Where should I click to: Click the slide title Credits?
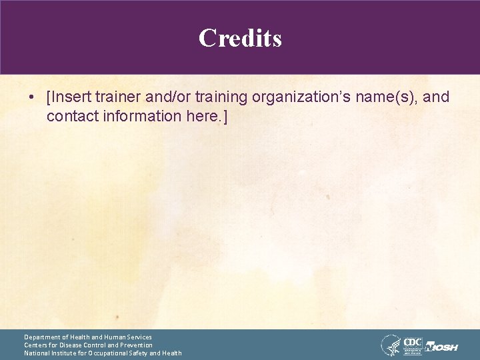click(240, 38)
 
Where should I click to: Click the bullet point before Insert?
click(32, 97)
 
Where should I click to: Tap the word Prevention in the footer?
click(135, 345)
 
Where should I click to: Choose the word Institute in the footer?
click(68, 353)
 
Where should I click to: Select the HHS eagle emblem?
click(390, 345)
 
